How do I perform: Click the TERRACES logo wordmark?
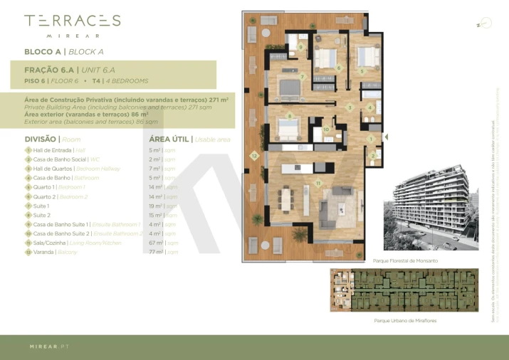[x=72, y=21]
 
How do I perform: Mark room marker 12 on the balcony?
[x=253, y=154]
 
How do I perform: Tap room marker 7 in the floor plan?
[x=303, y=77]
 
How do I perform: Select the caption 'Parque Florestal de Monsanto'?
[x=405, y=261]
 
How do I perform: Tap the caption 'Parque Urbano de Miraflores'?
[x=405, y=321]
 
